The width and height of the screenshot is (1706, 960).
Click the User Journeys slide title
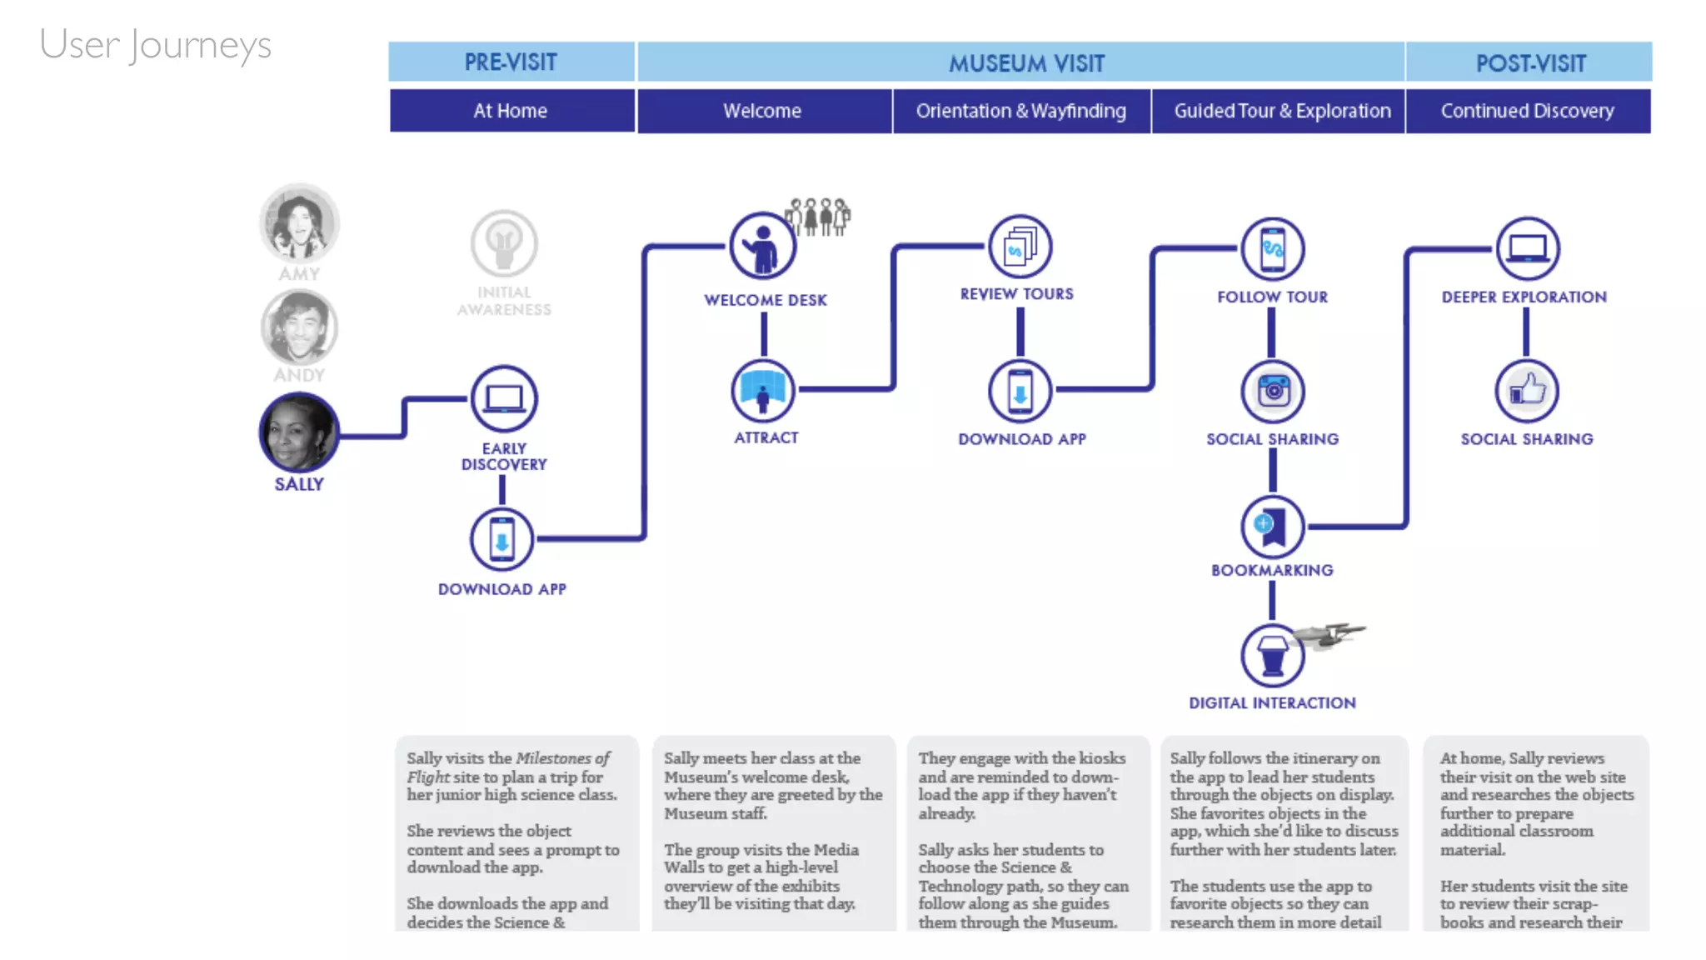155,45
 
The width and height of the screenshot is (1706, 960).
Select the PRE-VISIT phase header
511,62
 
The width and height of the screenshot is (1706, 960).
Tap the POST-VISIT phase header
1529,63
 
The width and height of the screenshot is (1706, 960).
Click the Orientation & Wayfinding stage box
1020,111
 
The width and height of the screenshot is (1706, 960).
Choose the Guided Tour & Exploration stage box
1281,111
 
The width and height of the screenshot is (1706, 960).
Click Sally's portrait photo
299,432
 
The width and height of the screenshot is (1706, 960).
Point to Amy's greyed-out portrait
299,223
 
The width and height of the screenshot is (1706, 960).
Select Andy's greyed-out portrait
299,327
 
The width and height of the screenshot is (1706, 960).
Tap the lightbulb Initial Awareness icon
504,243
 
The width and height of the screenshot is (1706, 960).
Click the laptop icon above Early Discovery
504,398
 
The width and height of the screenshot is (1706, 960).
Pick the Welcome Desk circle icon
762,246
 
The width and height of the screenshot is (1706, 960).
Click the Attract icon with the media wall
762,390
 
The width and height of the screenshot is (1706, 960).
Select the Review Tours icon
1020,247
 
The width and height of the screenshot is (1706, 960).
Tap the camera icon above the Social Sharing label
1272,390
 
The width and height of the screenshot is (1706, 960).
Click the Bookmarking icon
1272,526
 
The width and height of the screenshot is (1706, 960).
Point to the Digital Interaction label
1272,703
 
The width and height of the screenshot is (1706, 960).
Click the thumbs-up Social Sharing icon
1526,390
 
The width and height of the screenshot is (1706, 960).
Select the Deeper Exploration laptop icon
1528,248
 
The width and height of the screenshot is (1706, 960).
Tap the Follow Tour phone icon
1272,248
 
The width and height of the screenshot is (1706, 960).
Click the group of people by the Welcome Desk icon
819,217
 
